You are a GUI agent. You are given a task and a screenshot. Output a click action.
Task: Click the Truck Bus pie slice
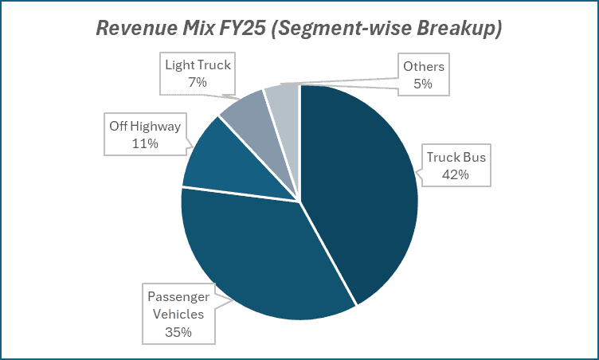coord(358,191)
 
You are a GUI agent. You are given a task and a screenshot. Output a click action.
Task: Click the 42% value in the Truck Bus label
coord(456,174)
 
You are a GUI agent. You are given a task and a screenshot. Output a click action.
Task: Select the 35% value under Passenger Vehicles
coord(179,331)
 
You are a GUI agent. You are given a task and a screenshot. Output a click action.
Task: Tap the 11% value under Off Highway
coord(144,144)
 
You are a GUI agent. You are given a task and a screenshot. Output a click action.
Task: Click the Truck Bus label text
coord(456,157)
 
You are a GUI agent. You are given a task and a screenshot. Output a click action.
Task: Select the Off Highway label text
coord(144,127)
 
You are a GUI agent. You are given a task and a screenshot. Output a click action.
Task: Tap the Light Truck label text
coord(197,65)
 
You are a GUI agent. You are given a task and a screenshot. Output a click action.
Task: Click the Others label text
coord(423,65)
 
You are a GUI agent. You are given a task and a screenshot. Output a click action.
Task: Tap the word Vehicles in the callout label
coord(179,314)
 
